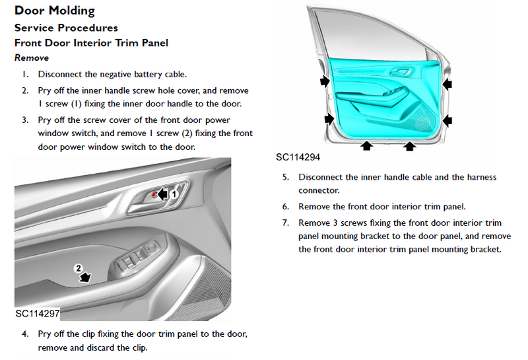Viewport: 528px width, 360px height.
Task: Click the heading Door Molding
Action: tap(55, 11)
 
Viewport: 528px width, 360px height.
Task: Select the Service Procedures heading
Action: tap(66, 28)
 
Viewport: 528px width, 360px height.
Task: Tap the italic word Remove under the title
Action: tap(32, 58)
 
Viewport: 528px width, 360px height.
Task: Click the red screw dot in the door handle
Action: tap(153, 195)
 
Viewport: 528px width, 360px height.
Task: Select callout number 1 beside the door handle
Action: tap(174, 195)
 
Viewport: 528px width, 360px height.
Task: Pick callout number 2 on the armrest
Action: tap(78, 268)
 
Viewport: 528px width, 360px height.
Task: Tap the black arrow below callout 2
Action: tap(85, 278)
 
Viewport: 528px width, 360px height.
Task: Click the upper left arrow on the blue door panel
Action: tap(325, 81)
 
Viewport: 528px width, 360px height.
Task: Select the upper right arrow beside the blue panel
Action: tap(447, 83)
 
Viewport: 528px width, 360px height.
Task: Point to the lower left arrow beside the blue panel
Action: tap(329, 119)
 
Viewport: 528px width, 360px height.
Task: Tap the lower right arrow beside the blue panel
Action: tap(447, 120)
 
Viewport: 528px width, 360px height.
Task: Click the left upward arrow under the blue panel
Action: tap(368, 144)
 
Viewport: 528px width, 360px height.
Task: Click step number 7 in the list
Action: tap(285, 223)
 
